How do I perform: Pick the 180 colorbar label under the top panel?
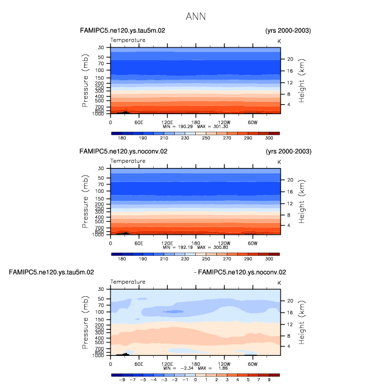coord(122,138)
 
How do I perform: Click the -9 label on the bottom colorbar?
coord(122,380)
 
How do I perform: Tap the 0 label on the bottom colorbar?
coord(195,380)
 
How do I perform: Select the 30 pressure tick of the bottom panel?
coord(101,289)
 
